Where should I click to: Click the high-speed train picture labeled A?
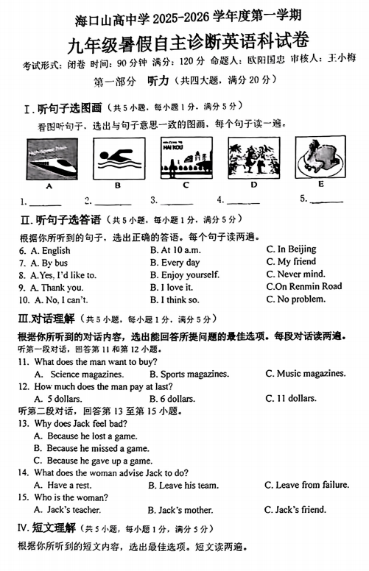pyautogui.click(x=52, y=160)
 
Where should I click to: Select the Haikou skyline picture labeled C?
pyautogui.click(x=186, y=157)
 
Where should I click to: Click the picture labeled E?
pyautogui.click(x=320, y=157)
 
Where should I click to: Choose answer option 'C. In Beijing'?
pyautogui.click(x=291, y=250)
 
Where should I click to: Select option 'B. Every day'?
pyautogui.click(x=175, y=263)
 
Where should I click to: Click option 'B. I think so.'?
pyautogui.click(x=175, y=299)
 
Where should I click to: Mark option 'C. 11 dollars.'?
pyautogui.click(x=291, y=399)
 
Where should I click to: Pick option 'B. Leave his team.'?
pyautogui.click(x=183, y=486)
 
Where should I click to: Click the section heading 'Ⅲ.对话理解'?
pyautogui.click(x=46, y=319)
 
